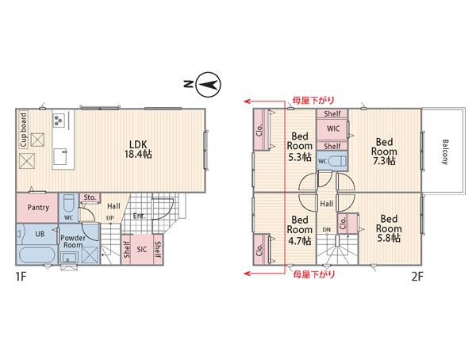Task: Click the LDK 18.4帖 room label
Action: tap(138, 149)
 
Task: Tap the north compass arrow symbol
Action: tap(208, 85)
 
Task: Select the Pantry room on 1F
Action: tap(37, 208)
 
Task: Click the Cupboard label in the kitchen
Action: tap(23, 129)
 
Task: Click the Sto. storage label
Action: tap(90, 197)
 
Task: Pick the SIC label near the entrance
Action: tap(142, 249)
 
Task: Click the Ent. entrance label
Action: tap(140, 216)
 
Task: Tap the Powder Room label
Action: tap(73, 241)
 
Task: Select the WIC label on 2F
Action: tap(333, 128)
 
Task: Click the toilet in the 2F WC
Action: tap(337, 161)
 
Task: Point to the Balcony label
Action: tap(445, 151)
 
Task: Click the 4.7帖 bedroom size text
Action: tap(300, 241)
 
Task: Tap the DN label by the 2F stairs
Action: tap(327, 229)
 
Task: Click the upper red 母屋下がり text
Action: tap(313, 100)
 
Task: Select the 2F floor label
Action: tap(416, 276)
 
